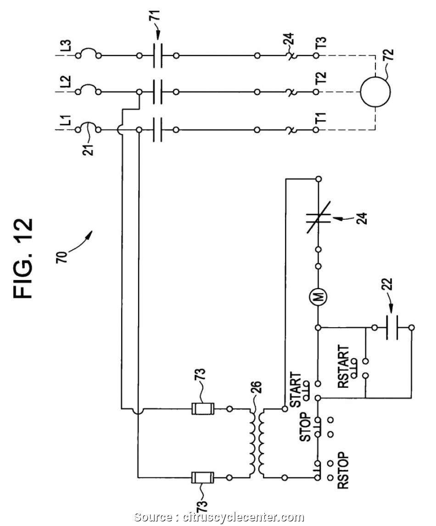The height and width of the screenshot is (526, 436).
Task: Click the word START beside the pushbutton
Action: pyautogui.click(x=296, y=390)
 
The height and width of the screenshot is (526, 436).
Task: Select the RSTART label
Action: pyautogui.click(x=343, y=367)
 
